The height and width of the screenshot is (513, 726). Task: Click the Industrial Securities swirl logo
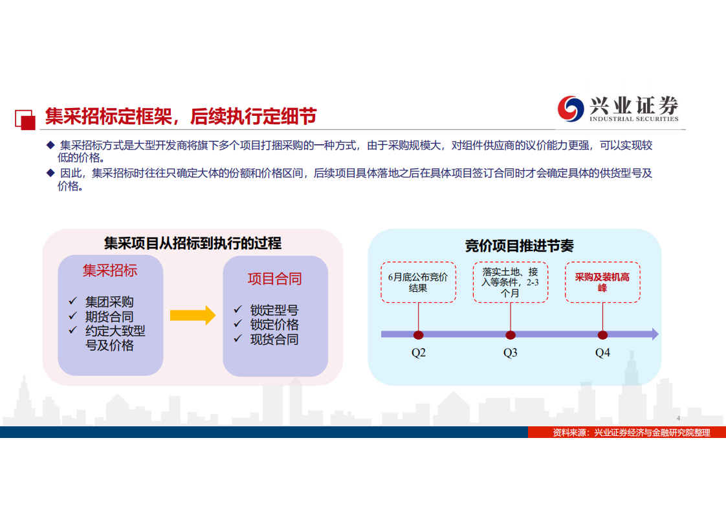click(570, 108)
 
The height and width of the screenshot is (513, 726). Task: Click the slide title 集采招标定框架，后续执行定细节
click(181, 116)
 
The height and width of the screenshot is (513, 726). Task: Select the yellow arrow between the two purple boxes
click(192, 315)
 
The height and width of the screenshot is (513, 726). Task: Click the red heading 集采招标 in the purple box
click(110, 270)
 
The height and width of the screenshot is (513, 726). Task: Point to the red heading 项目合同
click(274, 279)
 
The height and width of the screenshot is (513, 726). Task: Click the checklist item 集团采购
click(109, 302)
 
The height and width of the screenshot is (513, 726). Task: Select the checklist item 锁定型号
click(274, 310)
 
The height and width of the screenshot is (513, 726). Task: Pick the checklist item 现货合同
click(274, 340)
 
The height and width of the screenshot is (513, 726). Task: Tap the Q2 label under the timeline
click(419, 353)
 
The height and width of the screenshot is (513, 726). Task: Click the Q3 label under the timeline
click(511, 353)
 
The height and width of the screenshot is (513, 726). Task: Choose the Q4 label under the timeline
click(602, 353)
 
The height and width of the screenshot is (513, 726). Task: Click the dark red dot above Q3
click(511, 335)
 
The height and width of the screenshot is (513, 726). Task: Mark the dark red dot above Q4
click(602, 335)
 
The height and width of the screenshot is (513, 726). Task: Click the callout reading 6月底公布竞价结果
click(418, 282)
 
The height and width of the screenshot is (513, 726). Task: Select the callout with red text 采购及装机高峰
click(602, 282)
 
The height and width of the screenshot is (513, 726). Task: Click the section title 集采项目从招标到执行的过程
click(193, 243)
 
